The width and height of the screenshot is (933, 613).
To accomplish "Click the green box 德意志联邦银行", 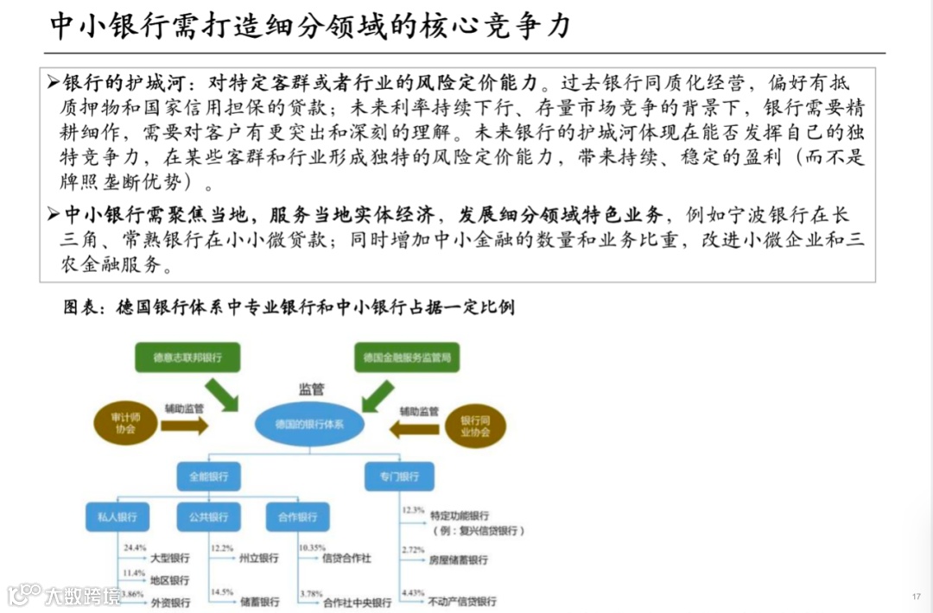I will (x=187, y=357).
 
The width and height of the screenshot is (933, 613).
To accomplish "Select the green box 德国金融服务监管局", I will (x=406, y=357).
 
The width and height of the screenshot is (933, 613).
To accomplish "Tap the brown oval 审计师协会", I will (x=124, y=422).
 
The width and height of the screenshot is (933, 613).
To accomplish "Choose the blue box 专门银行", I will (x=398, y=477).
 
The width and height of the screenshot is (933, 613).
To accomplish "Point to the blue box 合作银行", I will (x=297, y=517).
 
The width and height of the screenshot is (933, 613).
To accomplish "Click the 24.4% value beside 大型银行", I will (x=135, y=548).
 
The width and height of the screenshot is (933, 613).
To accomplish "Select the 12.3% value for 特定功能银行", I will (x=413, y=510).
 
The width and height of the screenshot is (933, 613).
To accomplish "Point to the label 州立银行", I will (x=258, y=559).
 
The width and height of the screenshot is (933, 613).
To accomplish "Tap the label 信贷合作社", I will (x=346, y=559).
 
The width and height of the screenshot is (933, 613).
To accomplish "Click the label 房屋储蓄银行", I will (x=458, y=560).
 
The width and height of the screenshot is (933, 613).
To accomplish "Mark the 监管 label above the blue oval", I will (x=311, y=389).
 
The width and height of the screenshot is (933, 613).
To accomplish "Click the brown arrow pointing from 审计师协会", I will (x=184, y=425).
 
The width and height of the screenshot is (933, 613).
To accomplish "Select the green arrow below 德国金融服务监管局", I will (x=377, y=395).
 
